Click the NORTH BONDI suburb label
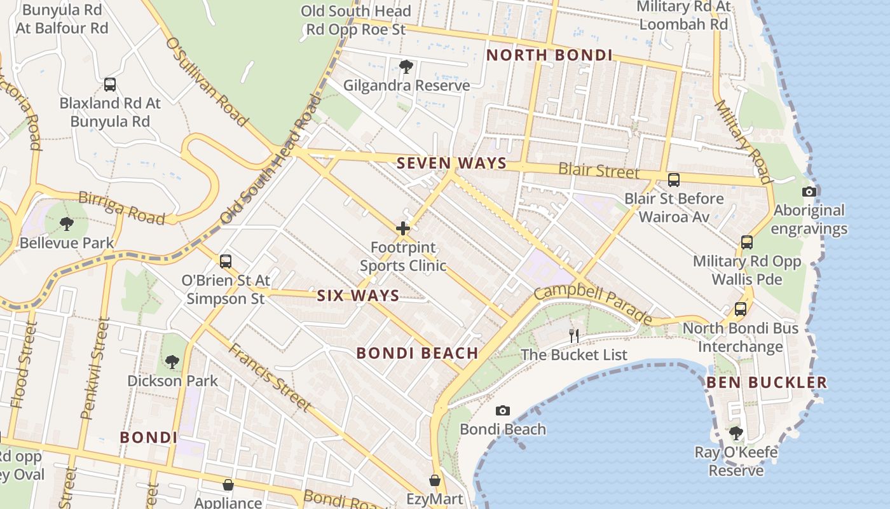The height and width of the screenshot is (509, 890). tap(549, 55)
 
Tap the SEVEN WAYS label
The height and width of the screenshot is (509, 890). tap(451, 164)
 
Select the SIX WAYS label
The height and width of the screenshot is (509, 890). tap(358, 295)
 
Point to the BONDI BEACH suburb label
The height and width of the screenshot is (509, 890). tap(417, 354)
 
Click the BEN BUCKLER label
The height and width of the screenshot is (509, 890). tap(767, 382)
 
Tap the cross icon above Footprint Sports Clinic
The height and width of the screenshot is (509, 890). tap(403, 228)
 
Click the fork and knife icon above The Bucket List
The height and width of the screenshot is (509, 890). tap(574, 336)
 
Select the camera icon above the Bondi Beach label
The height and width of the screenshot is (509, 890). tap(503, 411)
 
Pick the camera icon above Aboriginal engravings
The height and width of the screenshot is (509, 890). tap(809, 192)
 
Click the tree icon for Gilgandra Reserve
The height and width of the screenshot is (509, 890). tap(406, 66)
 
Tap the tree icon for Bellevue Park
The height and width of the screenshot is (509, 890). tap(66, 223)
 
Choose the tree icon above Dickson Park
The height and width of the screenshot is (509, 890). tap(172, 362)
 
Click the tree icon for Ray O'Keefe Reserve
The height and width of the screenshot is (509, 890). tap(736, 434)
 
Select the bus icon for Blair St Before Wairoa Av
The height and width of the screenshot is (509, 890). tap(674, 180)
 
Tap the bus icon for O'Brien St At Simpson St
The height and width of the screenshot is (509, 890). tap(225, 261)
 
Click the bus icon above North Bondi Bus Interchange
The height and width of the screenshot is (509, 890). tap(741, 309)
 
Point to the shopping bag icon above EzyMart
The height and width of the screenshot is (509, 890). tap(435, 480)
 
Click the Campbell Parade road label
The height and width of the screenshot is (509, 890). tap(593, 303)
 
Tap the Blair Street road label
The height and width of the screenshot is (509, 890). tap(599, 171)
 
